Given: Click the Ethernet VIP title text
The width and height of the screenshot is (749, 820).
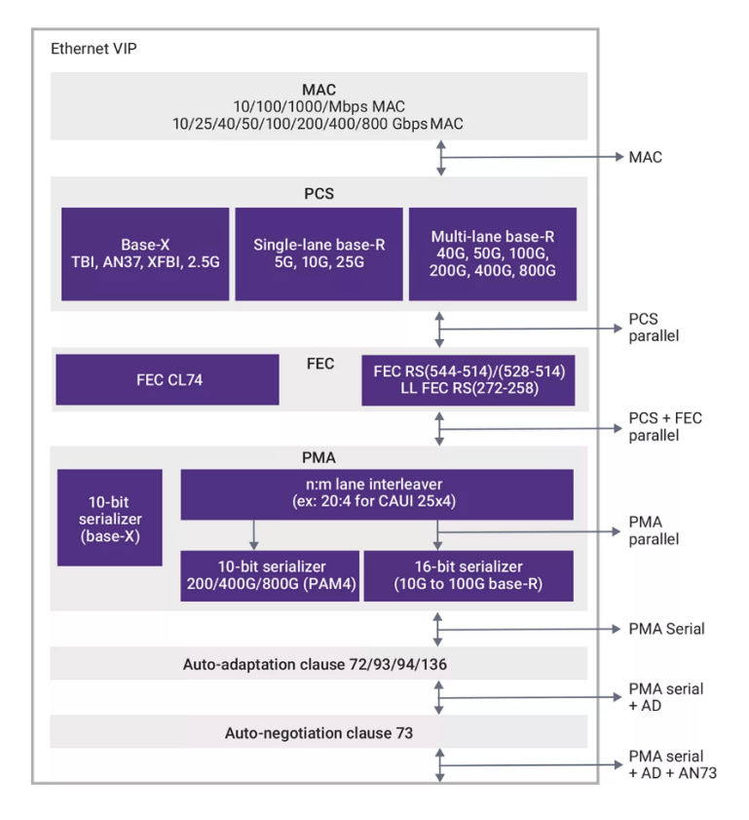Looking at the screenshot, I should (94, 49).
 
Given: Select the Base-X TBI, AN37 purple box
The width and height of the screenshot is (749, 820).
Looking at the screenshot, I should (145, 254).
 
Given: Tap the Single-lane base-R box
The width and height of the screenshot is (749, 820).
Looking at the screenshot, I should (318, 254).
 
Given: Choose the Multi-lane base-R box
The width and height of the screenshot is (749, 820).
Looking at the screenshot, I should (492, 254).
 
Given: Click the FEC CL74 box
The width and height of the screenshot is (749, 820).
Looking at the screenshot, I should (168, 379).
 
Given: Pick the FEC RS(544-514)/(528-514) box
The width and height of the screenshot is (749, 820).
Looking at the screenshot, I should (468, 379).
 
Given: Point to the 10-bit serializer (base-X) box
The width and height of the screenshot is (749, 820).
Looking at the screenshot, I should (109, 518).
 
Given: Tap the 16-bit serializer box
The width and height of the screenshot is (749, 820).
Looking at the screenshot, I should (468, 575).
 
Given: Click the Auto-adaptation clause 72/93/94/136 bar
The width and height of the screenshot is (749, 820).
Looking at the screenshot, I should (318, 664).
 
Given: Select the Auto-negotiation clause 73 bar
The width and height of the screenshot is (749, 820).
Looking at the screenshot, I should (318, 731).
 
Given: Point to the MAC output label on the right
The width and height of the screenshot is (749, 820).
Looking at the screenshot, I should (646, 156).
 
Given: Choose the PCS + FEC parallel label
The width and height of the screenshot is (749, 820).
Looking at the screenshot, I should (665, 427).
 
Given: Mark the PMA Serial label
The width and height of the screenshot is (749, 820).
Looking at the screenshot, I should (666, 629).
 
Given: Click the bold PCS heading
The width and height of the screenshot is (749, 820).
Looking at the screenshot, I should (318, 193).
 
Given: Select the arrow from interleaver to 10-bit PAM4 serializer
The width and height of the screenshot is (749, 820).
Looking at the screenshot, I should (254, 534).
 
